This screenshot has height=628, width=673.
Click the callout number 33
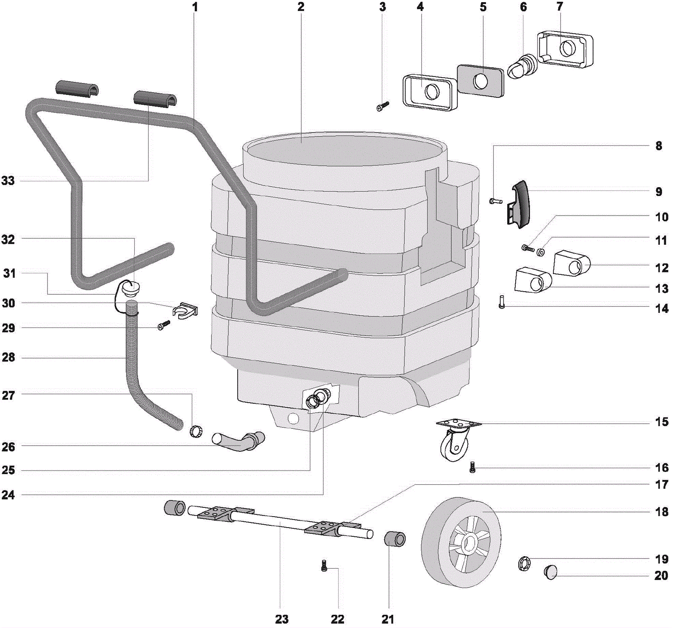[x=8, y=181]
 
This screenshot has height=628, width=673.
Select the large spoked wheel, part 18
[x=461, y=542]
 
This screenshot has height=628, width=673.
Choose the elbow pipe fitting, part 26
[x=239, y=441]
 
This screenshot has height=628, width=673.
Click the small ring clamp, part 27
[x=195, y=431]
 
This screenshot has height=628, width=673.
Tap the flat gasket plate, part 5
[x=480, y=81]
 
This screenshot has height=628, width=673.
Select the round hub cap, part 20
[x=551, y=572]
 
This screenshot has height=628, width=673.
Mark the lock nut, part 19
[x=524, y=563]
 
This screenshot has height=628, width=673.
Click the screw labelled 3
[x=383, y=106]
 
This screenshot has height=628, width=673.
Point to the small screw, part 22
[x=324, y=566]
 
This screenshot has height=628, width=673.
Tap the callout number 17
[x=661, y=485]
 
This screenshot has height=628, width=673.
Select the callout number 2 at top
[x=300, y=7]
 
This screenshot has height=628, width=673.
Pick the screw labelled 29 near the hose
[x=164, y=325]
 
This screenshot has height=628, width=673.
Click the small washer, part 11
[x=541, y=252]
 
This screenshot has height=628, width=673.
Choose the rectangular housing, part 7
[x=566, y=49]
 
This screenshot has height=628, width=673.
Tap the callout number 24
[x=8, y=495]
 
